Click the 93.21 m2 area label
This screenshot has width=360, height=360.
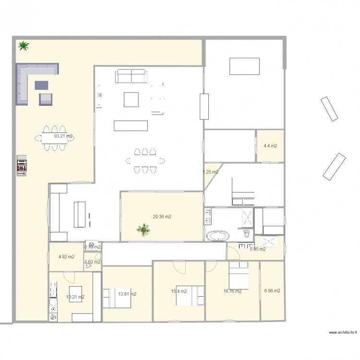63,136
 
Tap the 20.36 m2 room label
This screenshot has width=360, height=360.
162,217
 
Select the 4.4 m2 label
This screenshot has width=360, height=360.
270,145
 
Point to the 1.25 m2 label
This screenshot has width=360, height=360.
210,172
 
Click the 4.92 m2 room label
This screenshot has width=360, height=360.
66,257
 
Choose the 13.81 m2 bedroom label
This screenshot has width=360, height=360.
127,294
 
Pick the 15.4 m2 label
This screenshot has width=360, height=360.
180,291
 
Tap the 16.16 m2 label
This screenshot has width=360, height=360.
232,291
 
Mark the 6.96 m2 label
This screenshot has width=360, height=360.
272,291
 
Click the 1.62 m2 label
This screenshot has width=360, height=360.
92,262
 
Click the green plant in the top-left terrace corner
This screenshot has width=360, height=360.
23,46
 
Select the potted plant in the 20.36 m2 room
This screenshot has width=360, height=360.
143,230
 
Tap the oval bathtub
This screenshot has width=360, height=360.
218,236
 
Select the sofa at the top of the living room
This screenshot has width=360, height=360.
131,75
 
